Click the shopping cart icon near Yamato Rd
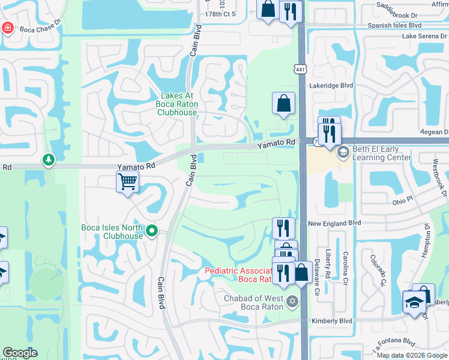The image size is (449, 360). tap(127, 182)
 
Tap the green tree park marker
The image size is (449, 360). tap(48, 160)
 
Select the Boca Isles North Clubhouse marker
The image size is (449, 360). tap(152, 231)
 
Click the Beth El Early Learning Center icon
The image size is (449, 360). tap(343, 152)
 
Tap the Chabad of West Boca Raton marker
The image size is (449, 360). tap(292, 301)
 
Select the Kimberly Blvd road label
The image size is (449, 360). tap(331, 321)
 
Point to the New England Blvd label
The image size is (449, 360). tap(334, 223)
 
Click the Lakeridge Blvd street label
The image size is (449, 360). tap(331, 86)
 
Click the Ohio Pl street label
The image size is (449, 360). tap(402, 198)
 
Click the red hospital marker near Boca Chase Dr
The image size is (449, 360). tap(7, 28)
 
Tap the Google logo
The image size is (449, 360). tap(20, 353)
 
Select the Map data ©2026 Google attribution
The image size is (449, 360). tap(412, 355)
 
